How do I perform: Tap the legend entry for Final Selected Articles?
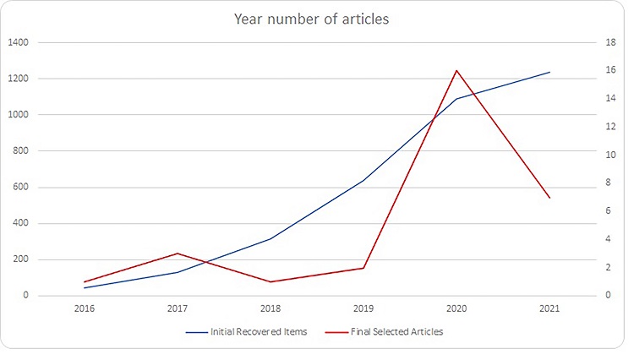(396, 332)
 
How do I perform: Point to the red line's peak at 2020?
(456, 70)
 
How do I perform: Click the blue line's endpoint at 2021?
(549, 73)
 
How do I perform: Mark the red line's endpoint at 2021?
(549, 198)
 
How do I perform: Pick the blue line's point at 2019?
(363, 180)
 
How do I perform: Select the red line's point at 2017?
(178, 254)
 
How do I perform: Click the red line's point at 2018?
(271, 281)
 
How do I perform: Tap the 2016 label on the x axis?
(85, 309)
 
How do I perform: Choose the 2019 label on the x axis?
(363, 309)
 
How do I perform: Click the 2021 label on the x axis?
(549, 309)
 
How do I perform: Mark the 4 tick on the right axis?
(604, 239)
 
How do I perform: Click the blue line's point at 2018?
(271, 238)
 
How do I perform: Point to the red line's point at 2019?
(363, 268)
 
